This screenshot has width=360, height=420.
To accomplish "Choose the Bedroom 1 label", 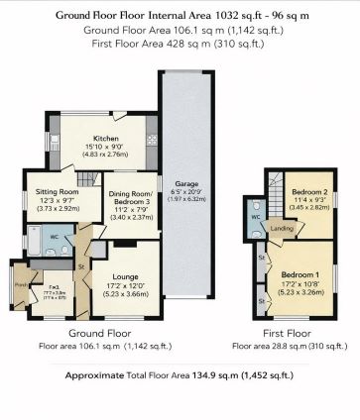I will click(x=298, y=272).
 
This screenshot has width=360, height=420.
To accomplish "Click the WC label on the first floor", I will click(x=255, y=215).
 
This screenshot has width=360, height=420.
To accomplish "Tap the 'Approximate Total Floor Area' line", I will click(x=180, y=376).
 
